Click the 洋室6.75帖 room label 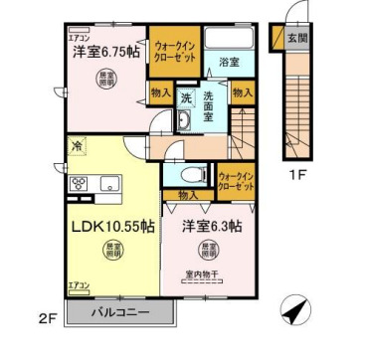tap(103, 52)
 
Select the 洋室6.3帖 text tap(210, 226)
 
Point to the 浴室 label tap(229, 62)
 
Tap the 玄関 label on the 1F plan tap(296, 39)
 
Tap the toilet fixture tap(188, 173)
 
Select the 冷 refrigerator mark tap(77, 145)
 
